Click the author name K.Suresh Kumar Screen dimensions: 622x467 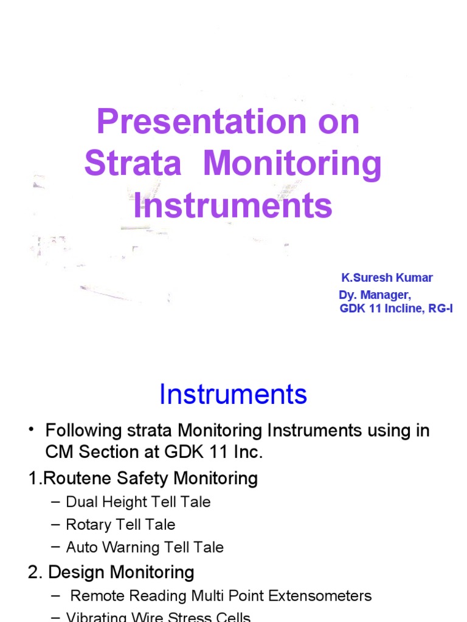coord(387,278)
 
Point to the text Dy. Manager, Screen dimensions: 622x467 coord(375,296)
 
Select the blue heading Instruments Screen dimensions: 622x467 coord(233,395)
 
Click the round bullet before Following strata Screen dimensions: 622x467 coord(30,431)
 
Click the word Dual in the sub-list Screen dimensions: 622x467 coord(81,502)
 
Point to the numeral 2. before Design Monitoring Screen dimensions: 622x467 coord(35,572)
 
